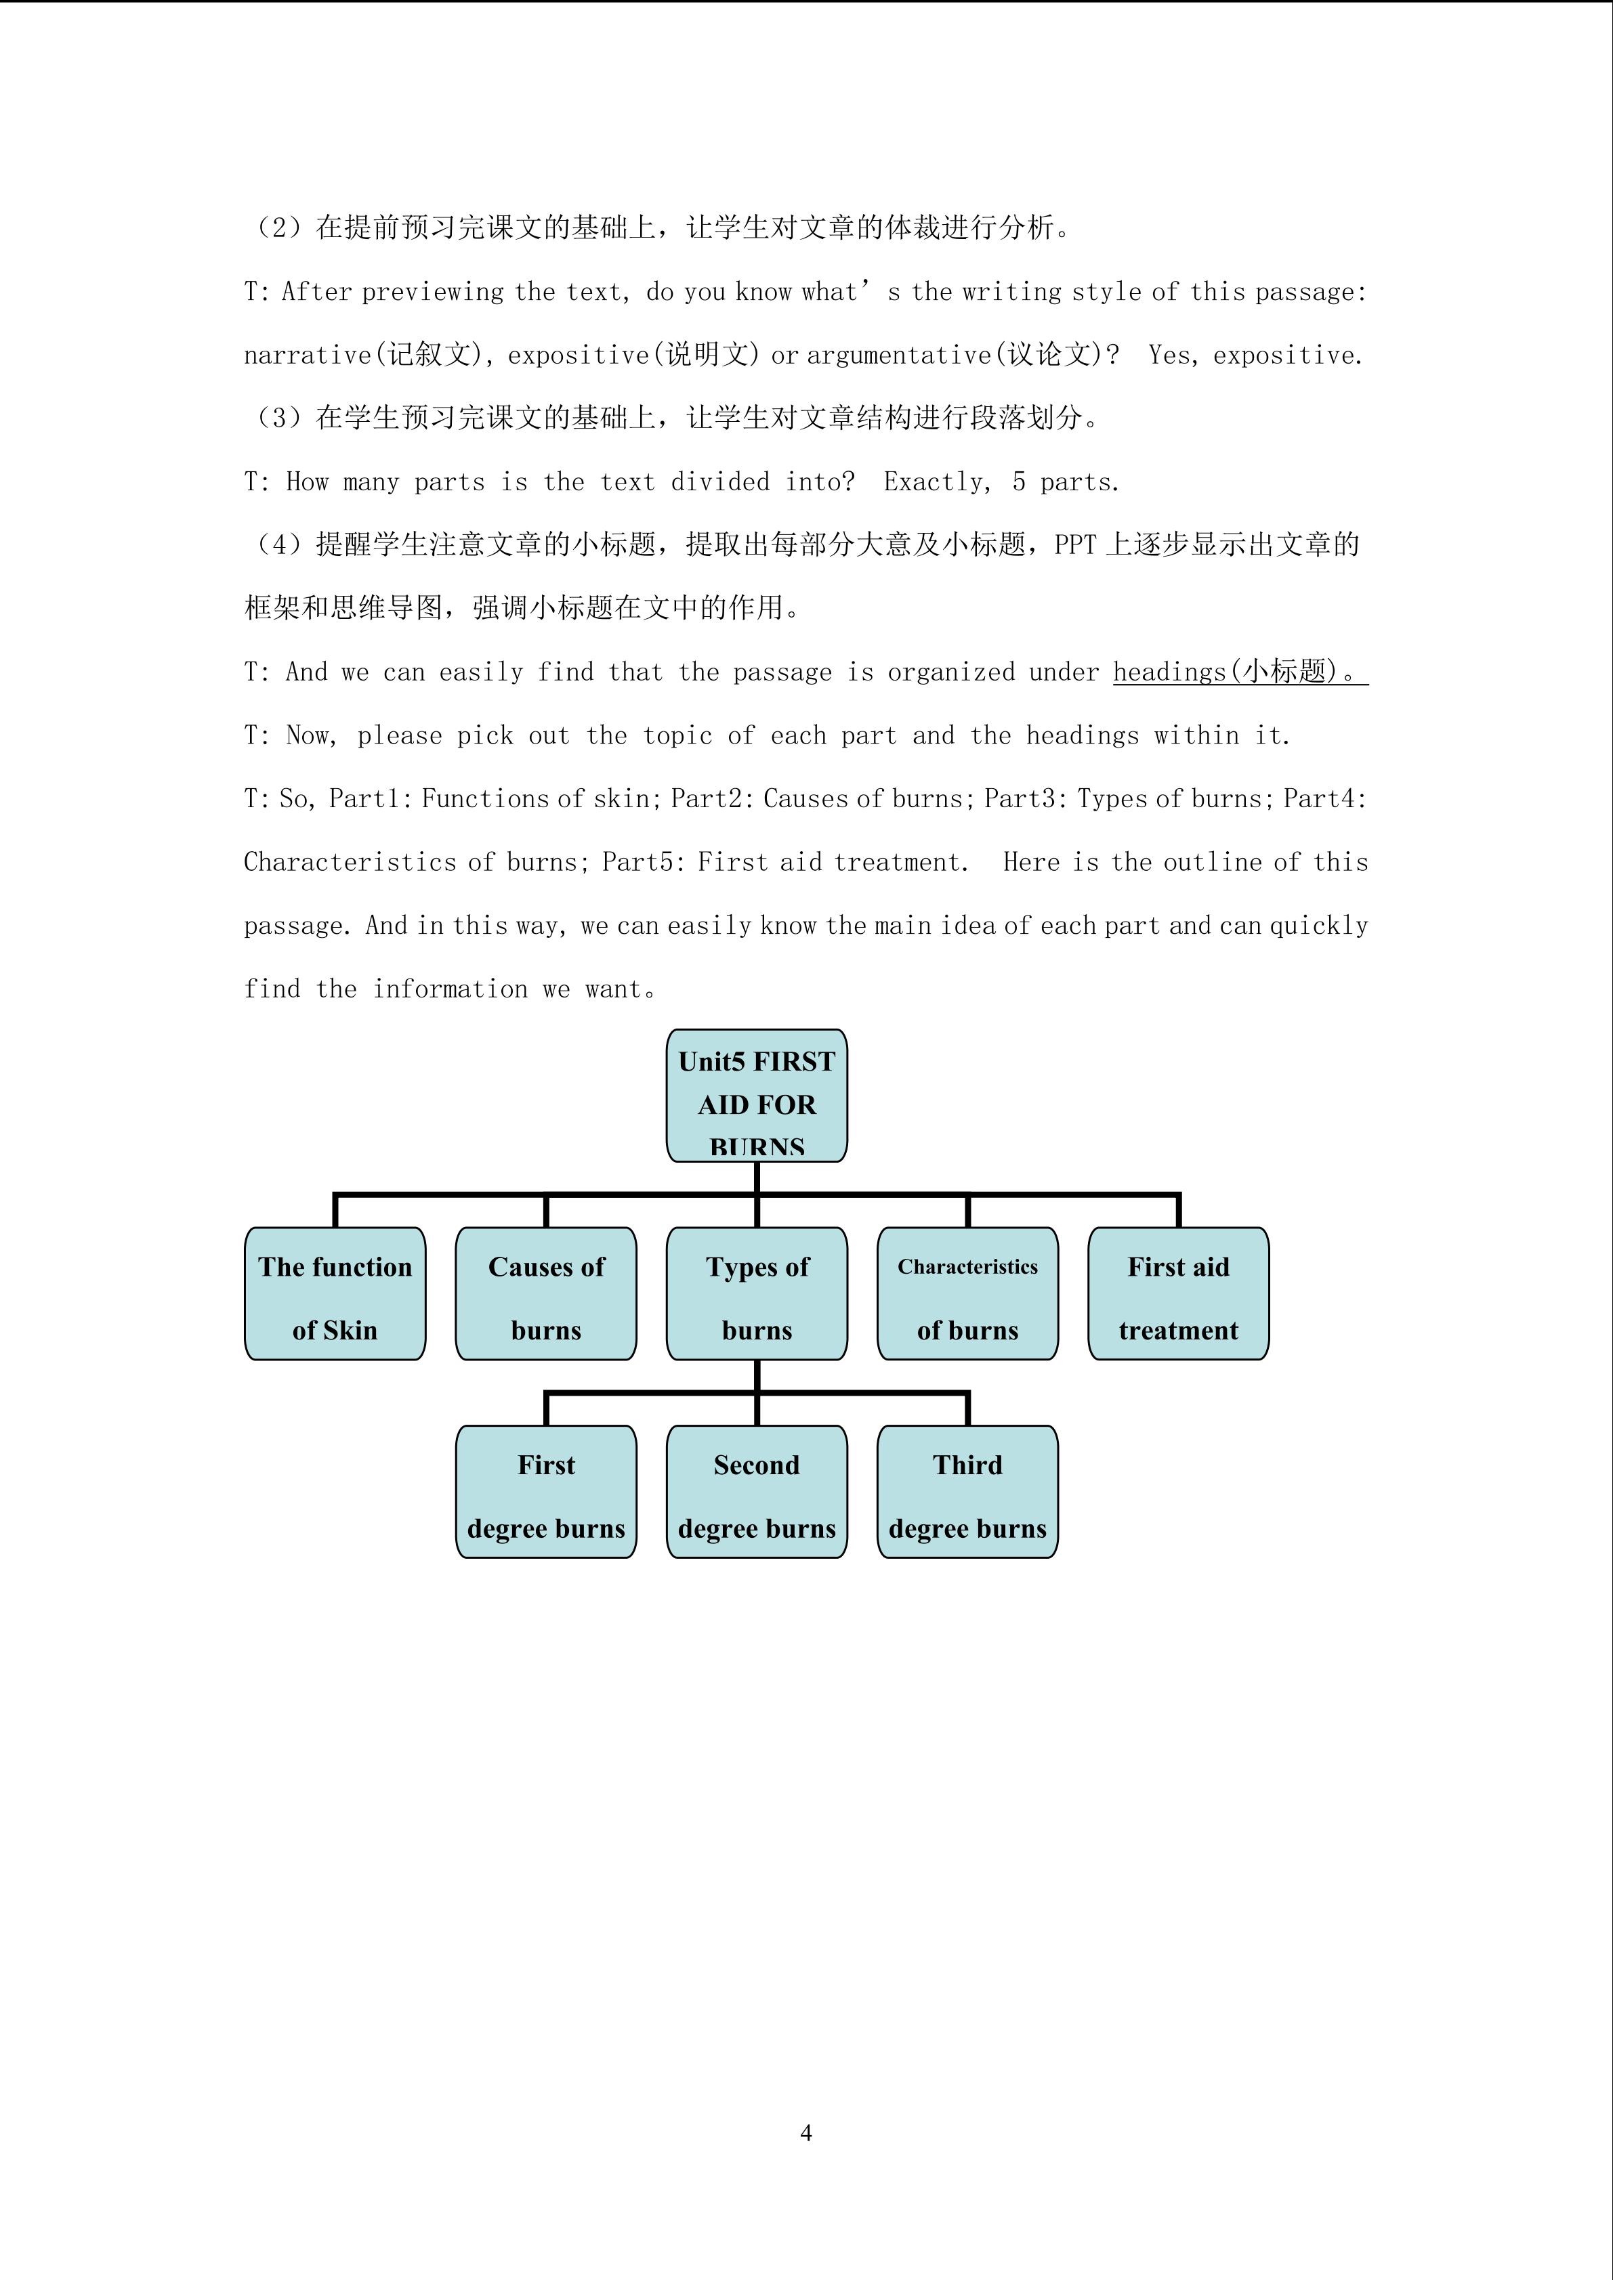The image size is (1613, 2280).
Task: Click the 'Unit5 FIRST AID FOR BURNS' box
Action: [x=756, y=1096]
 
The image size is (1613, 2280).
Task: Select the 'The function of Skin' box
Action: [x=335, y=1294]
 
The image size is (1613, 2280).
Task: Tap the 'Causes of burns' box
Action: [x=545, y=1294]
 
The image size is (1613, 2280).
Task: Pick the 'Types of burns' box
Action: [x=756, y=1294]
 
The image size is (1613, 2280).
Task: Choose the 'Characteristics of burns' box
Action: [x=967, y=1294]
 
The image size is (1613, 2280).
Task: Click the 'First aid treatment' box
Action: [x=1178, y=1294]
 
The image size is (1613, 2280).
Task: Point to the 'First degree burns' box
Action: [x=545, y=1492]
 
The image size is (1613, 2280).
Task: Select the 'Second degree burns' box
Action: [x=756, y=1492]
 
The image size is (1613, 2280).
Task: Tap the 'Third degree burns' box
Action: [x=967, y=1492]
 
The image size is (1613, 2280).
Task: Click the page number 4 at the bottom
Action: [x=805, y=2132]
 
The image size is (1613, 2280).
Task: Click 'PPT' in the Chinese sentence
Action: [x=1074, y=545]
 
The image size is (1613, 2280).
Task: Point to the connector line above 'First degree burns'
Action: [x=546, y=1408]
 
